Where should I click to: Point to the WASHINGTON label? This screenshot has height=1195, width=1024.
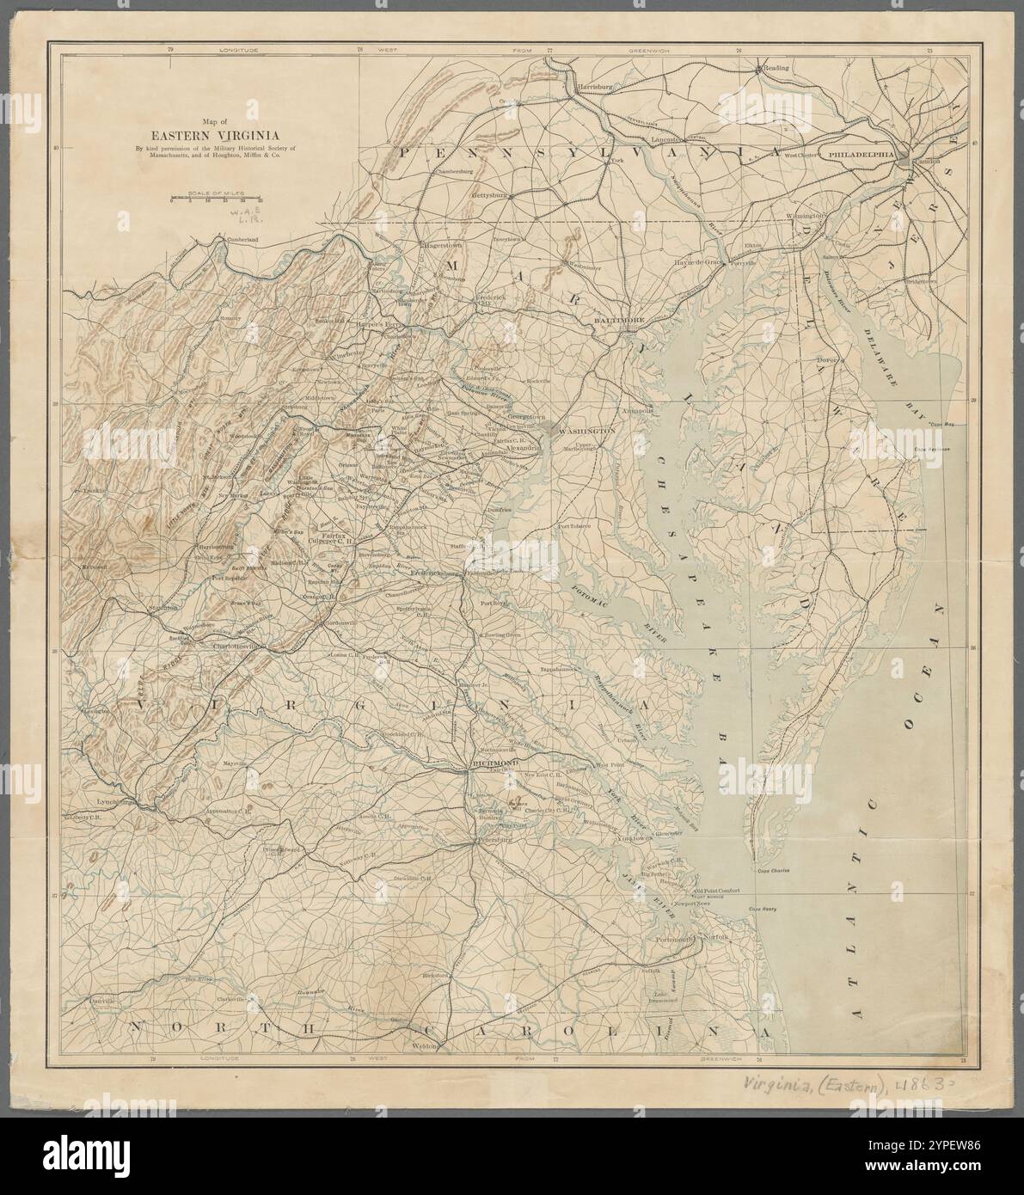[587, 429]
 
